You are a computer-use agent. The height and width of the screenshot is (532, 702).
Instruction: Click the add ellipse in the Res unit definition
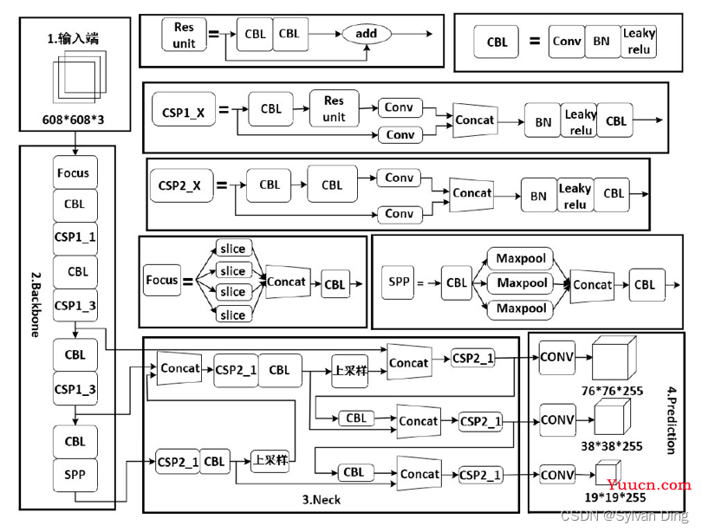pyautogui.click(x=367, y=34)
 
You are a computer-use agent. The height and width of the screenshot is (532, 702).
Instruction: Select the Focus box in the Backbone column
pyautogui.click(x=75, y=172)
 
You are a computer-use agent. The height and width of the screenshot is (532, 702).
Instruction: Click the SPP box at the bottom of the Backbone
pyautogui.click(x=75, y=474)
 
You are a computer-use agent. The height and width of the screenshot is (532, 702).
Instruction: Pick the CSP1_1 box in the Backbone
pyautogui.click(x=75, y=237)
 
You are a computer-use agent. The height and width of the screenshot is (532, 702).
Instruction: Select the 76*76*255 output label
pyautogui.click(x=612, y=391)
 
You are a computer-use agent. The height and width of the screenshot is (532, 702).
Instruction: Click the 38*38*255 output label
pyautogui.click(x=612, y=446)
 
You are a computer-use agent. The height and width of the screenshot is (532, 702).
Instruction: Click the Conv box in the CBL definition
pyautogui.click(x=567, y=41)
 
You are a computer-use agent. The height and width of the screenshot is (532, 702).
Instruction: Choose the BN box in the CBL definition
pyautogui.click(x=601, y=41)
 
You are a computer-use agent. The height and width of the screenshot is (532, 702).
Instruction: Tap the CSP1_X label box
pyautogui.click(x=184, y=112)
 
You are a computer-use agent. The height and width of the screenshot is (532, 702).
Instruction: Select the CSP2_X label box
pyautogui.click(x=180, y=185)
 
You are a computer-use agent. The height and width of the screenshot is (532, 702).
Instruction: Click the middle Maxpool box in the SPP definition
pyautogui.click(x=522, y=283)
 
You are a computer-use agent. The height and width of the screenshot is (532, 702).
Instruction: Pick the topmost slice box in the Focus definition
pyautogui.click(x=232, y=250)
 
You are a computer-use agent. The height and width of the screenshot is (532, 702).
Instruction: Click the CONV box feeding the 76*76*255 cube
pyautogui.click(x=557, y=355)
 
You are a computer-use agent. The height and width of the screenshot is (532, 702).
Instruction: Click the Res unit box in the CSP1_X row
pyautogui.click(x=334, y=109)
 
